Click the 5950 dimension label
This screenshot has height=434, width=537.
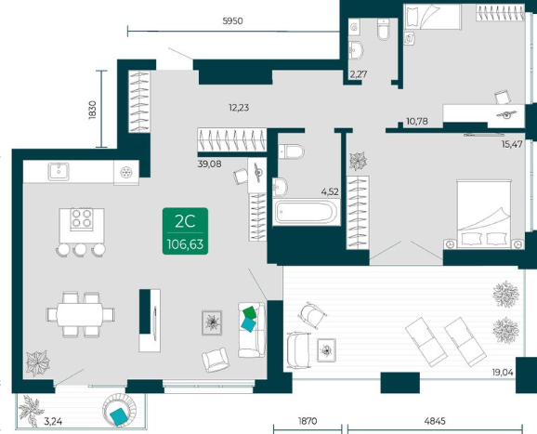pos(232,21)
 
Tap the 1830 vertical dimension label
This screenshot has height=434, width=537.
pos(93,110)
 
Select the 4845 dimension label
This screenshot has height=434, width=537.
pos(435,421)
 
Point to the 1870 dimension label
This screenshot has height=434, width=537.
pos(308,421)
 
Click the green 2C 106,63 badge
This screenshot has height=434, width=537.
pos(185,231)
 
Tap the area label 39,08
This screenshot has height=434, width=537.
pos(210,164)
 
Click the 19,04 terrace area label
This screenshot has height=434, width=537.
pos(503,373)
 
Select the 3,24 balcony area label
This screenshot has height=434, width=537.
pos(53,421)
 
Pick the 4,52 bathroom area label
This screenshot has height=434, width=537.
pos(330,191)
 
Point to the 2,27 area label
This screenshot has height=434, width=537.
pos(359,74)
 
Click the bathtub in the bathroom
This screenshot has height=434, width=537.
pos(307,212)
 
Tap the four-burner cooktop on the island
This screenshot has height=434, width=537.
pos(82,218)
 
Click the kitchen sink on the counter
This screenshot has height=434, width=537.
pos(59,171)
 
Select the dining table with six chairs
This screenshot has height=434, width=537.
pos(81,314)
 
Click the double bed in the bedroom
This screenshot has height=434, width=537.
pos(483,215)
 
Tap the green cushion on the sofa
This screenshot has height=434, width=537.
pos(249,312)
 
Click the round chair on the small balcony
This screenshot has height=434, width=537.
pos(120,410)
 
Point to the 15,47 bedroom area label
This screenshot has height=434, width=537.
pos(512,144)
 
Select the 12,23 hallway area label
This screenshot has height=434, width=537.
pos(239,108)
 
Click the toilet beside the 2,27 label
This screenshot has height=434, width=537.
pos(383,29)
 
